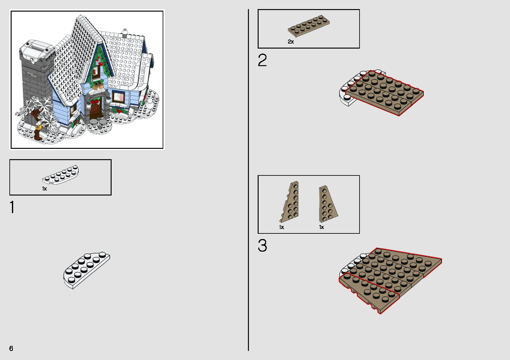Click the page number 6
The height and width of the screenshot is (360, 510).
11,348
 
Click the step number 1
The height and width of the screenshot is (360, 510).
12,207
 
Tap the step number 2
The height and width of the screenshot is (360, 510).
262,60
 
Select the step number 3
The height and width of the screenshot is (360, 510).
262,246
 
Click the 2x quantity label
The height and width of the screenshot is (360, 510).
291,42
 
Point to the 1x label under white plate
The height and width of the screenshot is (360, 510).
45,189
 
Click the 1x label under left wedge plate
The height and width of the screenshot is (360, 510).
281,227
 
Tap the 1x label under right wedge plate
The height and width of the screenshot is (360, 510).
322,227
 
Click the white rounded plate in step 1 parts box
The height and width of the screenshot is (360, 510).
61,174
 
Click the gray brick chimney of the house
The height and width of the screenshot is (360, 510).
34,81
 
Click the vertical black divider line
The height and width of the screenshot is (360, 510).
248,180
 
